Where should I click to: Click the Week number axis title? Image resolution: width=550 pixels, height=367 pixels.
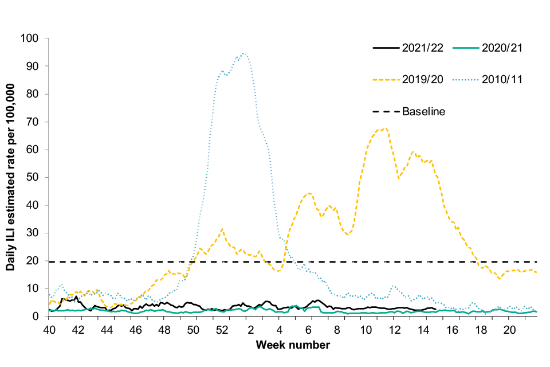click(x=293, y=345)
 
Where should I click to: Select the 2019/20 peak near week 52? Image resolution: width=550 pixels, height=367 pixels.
click(x=222, y=229)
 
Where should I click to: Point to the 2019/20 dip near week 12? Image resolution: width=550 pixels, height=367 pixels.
click(x=399, y=178)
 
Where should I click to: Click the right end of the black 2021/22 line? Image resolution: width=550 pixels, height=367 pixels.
click(x=437, y=310)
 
